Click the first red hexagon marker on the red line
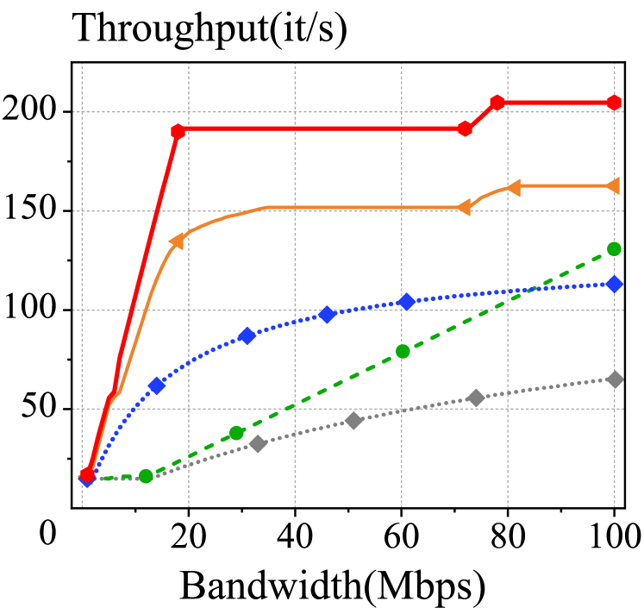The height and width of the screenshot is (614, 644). pyautogui.click(x=87, y=475)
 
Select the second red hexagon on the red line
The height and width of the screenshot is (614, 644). pyautogui.click(x=178, y=131)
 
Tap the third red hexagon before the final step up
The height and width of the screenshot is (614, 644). pyautogui.click(x=466, y=128)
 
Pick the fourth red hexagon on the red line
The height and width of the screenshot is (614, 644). pyautogui.click(x=497, y=103)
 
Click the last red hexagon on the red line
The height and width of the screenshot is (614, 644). pyautogui.click(x=614, y=103)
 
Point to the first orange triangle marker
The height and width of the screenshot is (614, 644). pyautogui.click(x=177, y=241)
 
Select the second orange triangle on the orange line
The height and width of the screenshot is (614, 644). pyautogui.click(x=464, y=207)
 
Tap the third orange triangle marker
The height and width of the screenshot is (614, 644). pyautogui.click(x=513, y=187)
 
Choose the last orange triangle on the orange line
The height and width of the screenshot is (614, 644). pyautogui.click(x=612, y=186)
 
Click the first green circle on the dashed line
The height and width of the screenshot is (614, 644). pyautogui.click(x=146, y=476)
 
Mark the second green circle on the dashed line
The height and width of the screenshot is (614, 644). pyautogui.click(x=236, y=433)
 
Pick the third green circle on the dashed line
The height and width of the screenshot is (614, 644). pyautogui.click(x=403, y=351)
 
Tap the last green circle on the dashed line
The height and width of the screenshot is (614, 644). pyautogui.click(x=614, y=248)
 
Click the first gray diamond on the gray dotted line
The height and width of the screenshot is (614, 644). pyautogui.click(x=258, y=444)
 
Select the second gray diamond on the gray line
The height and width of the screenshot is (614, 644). pyautogui.click(x=353, y=421)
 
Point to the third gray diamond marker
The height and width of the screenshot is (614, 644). pyautogui.click(x=476, y=398)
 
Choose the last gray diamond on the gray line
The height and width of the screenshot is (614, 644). pyautogui.click(x=614, y=379)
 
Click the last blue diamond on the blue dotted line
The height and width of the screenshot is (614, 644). pyautogui.click(x=614, y=284)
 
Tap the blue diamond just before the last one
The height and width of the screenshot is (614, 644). pyautogui.click(x=407, y=302)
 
